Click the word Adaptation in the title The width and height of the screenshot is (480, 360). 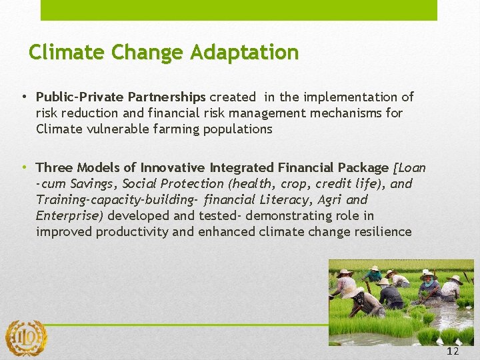coord(245,53)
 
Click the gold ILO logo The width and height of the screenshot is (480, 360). coord(26,338)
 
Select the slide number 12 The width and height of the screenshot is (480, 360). coord(453,351)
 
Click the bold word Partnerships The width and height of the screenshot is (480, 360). coord(166,97)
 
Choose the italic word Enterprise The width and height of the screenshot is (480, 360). coord(69,215)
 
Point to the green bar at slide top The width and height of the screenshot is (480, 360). coord(239,10)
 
